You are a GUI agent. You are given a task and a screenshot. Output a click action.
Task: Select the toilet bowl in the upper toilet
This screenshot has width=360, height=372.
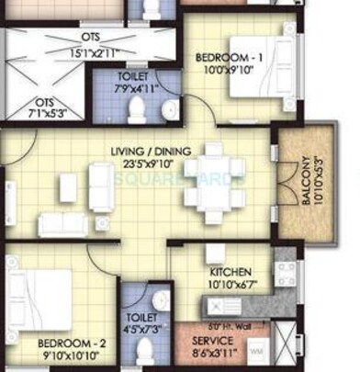(x=137, y=110)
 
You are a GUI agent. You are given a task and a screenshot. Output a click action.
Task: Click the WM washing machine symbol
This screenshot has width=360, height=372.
(x=256, y=350)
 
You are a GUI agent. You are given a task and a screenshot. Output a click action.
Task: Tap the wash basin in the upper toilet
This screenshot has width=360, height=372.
(x=168, y=111)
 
